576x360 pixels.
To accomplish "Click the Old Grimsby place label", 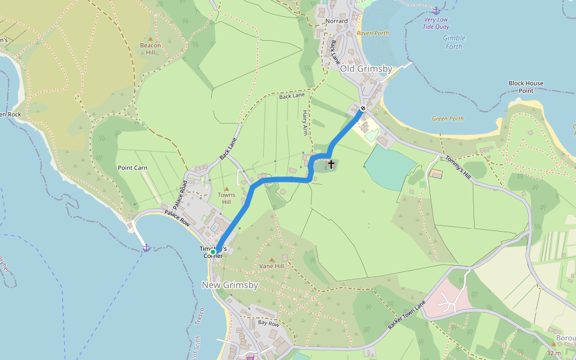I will pos(366,69).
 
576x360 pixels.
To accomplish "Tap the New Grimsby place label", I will pos(230,285).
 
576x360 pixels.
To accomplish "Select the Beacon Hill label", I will pos(151,49).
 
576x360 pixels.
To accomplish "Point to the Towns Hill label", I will pos(226,199).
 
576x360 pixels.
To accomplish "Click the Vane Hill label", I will pos(271,265).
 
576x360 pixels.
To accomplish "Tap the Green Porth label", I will pos(448,119).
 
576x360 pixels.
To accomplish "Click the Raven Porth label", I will pos(373,34).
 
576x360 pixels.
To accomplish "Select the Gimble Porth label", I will pos(454,42).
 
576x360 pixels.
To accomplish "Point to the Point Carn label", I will pos(133,168).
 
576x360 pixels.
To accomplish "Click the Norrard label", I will pos(336,21).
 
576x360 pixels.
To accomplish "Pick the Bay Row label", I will pos(268,323).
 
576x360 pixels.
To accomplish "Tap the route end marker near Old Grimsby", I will pos(363,109).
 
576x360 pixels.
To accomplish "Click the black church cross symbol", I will pos(331,163).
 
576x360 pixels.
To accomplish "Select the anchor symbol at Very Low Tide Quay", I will pos(436,10).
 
